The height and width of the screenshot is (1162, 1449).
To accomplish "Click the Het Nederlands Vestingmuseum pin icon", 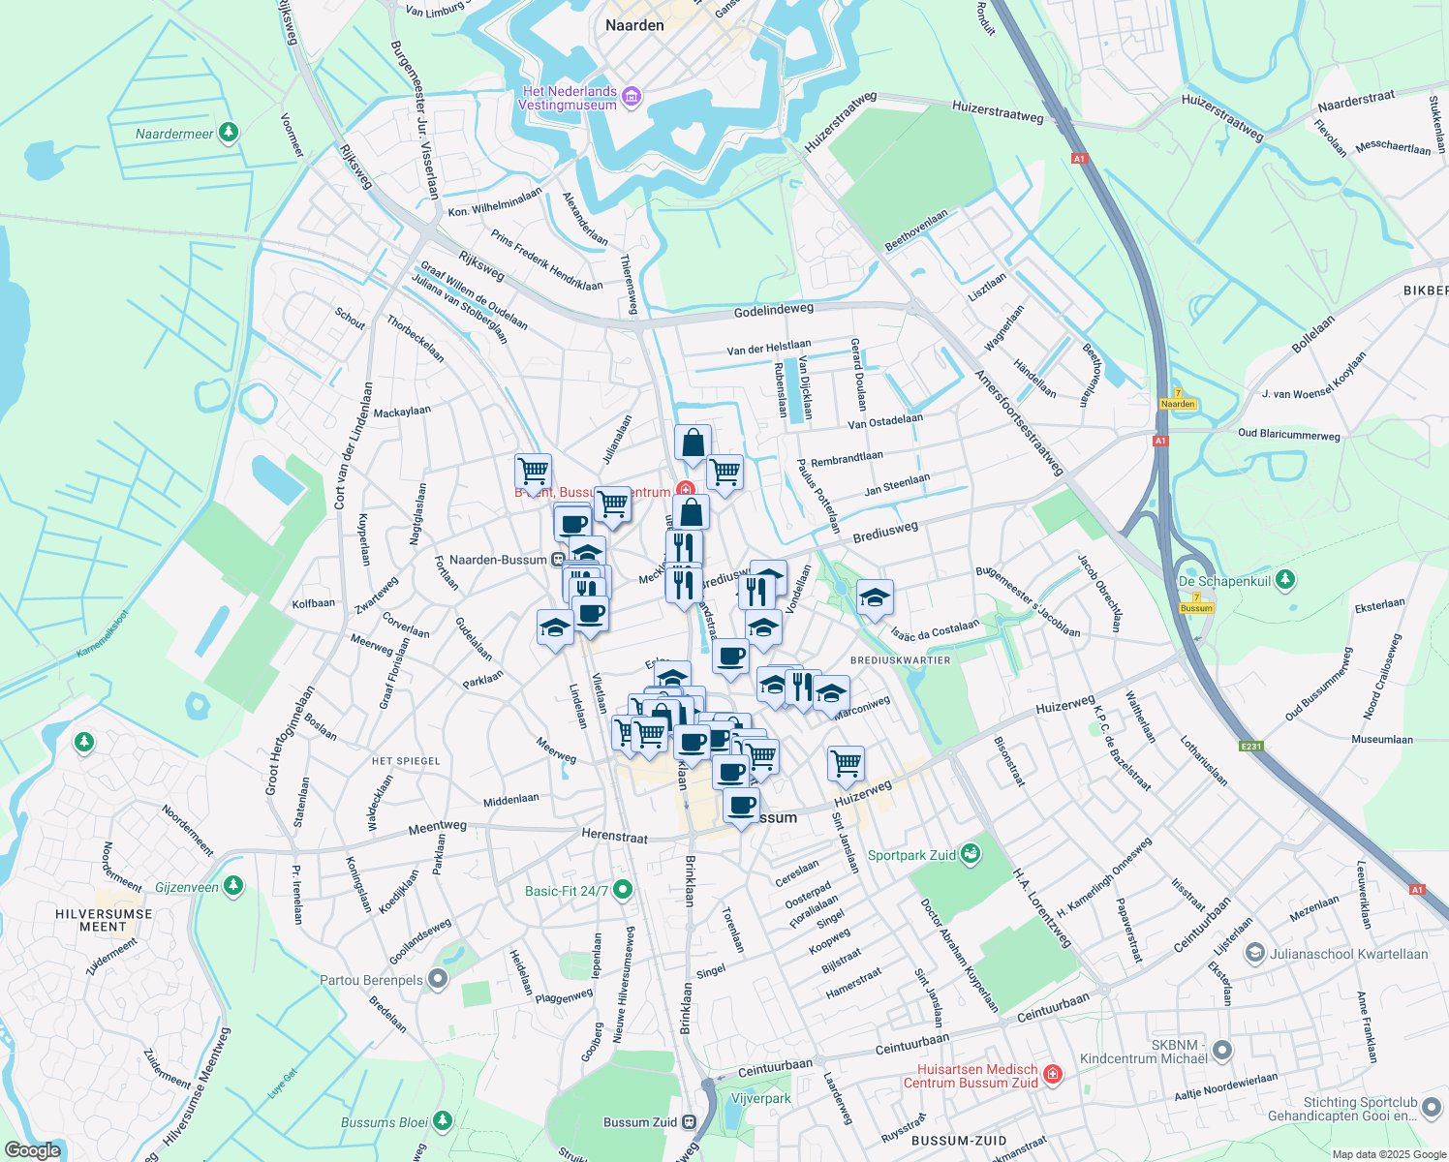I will [x=632, y=96].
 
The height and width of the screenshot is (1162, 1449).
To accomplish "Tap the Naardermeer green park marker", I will [x=229, y=133].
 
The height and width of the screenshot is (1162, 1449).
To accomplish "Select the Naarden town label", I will [x=634, y=26].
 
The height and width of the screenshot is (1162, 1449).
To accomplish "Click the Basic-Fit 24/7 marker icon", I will [x=623, y=889].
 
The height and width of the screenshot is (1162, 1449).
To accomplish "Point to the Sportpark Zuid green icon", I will [x=970, y=854].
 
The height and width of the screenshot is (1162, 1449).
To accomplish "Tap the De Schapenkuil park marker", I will [x=1285, y=580].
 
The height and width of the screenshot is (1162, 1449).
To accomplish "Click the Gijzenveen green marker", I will [x=233, y=886].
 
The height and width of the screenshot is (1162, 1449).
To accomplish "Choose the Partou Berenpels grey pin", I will [x=438, y=980].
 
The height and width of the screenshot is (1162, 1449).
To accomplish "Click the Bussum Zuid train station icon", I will [x=689, y=1122].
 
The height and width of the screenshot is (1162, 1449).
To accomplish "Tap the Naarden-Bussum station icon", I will [x=558, y=560].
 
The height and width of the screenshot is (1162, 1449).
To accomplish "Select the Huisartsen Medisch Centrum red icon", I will [x=1053, y=1074].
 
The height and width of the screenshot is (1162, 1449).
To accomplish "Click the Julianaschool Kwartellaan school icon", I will [x=1255, y=954].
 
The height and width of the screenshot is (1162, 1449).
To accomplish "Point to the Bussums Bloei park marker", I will [x=443, y=1121].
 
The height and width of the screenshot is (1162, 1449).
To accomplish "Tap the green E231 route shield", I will [x=1252, y=746].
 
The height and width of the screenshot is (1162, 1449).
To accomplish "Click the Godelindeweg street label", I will [x=774, y=310].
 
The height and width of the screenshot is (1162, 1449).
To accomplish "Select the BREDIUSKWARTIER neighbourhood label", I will [x=901, y=660].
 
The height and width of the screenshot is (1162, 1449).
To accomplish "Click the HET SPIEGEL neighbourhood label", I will [x=406, y=761].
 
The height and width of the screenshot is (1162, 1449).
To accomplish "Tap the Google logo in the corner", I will [x=32, y=1150].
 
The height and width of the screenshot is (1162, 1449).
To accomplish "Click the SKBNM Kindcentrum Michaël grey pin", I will [x=1222, y=1050].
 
